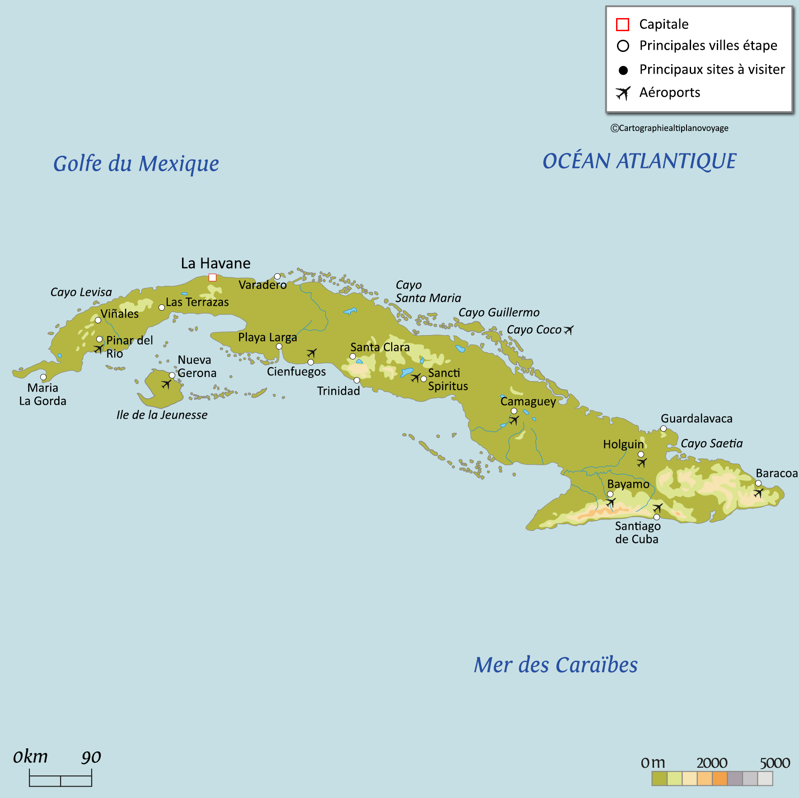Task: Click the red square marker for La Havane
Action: pos(212,277)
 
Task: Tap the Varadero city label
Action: pos(262,285)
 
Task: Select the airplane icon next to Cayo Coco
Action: pos(569,330)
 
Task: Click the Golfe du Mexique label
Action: pos(136,163)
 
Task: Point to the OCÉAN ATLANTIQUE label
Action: pos(639,161)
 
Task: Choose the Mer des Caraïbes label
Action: pos(556,665)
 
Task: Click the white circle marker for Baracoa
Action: pos(758,483)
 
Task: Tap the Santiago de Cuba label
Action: pos(637,532)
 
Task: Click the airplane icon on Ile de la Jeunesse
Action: pos(167,384)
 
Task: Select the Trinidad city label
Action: pos(338,391)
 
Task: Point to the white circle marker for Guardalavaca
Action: pos(663,429)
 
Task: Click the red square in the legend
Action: pos(622,24)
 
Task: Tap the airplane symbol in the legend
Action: pos(623,93)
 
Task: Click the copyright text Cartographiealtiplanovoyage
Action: pos(669,128)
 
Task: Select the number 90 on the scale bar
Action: pos(91,757)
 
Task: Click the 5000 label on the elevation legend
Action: pos(775,763)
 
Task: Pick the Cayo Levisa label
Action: pos(81,292)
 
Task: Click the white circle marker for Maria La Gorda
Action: pos(43,377)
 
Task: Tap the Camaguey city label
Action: pos(528,401)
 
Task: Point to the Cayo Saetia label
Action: pos(711,443)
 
